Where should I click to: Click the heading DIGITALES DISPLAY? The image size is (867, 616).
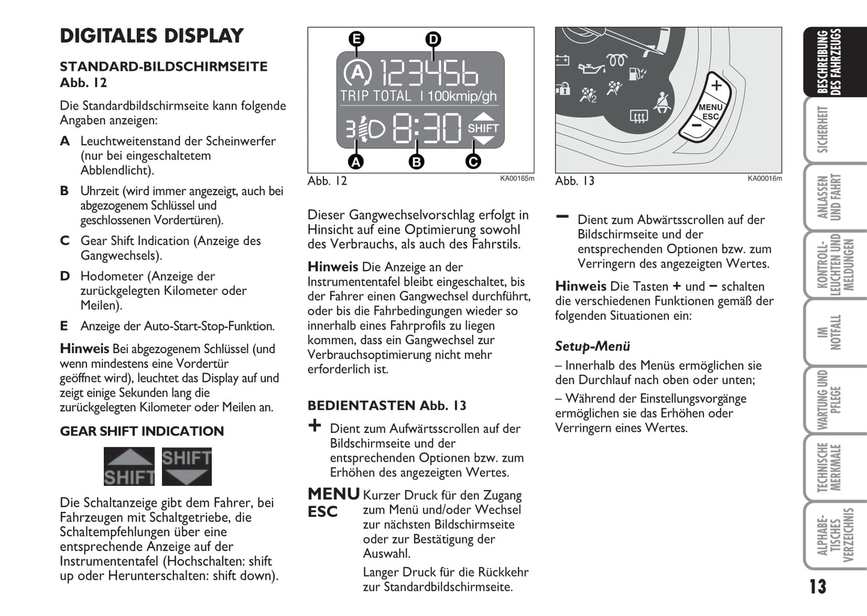152,36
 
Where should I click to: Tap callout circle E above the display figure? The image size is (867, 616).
356,40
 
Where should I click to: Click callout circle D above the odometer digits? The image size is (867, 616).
433,40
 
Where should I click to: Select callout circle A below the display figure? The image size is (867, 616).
356,162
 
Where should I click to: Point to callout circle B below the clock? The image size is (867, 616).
416,162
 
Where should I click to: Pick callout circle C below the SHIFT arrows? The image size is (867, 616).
473,162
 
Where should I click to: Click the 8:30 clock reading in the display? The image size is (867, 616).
427,127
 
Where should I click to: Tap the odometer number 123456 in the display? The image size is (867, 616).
429,73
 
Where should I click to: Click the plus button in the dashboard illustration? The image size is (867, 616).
716,86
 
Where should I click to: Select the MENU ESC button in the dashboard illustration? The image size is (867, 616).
710,112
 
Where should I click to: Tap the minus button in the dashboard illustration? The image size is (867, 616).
696,125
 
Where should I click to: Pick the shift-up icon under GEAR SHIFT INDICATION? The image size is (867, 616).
129,467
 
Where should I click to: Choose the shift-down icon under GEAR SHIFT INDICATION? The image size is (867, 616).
187,467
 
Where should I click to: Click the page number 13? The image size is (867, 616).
817,587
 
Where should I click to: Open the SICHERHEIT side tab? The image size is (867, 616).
823,130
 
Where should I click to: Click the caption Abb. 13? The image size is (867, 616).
574,181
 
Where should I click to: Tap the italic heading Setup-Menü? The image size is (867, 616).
592,346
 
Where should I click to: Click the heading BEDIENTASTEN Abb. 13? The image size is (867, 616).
387,406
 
